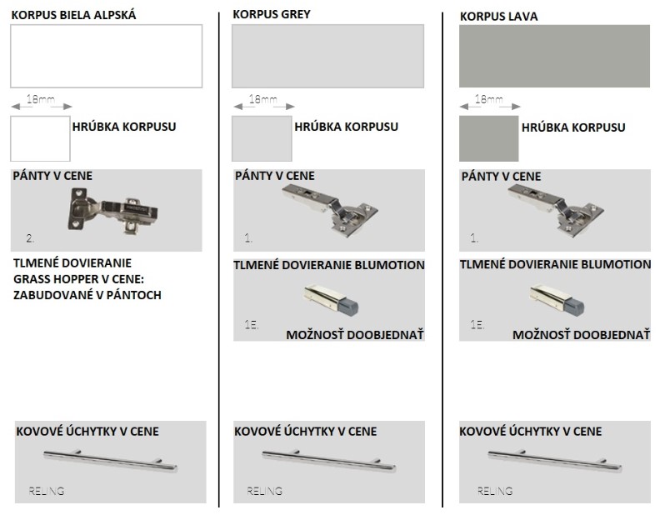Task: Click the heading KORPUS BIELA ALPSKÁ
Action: click(x=73, y=15)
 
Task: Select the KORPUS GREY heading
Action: click(x=272, y=14)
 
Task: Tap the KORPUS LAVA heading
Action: click(x=499, y=17)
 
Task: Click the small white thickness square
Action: click(x=40, y=139)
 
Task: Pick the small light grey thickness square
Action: click(x=262, y=139)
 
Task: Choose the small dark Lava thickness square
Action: click(x=488, y=139)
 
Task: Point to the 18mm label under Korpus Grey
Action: click(x=263, y=99)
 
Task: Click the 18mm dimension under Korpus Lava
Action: click(x=488, y=99)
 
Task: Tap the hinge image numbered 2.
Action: click(x=112, y=211)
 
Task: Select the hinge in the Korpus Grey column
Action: click(x=329, y=211)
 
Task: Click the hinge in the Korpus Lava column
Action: click(x=556, y=211)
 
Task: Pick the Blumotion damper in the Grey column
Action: click(x=331, y=300)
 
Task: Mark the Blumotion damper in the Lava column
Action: click(x=557, y=300)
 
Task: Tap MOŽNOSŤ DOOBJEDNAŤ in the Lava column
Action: click(x=582, y=335)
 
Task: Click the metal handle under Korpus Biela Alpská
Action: click(x=110, y=461)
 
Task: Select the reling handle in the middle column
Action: click(x=328, y=461)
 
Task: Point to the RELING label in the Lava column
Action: click(x=495, y=491)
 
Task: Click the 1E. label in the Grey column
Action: click(x=252, y=324)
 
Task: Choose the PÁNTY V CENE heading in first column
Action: click(x=52, y=176)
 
